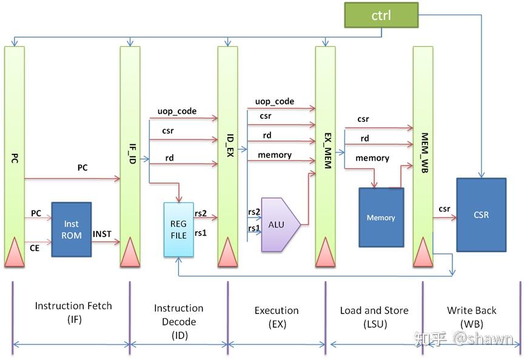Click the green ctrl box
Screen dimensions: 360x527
(x=381, y=15)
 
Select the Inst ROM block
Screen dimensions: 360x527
(x=72, y=230)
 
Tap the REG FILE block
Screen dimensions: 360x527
(x=178, y=228)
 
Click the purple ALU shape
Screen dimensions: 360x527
(x=278, y=224)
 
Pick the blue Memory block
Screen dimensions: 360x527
(x=381, y=218)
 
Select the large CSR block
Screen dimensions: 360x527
(x=481, y=215)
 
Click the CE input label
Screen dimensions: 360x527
(x=36, y=247)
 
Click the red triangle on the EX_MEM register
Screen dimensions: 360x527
(x=325, y=252)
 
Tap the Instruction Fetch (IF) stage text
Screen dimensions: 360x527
(x=73, y=312)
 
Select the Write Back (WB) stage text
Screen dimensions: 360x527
(x=471, y=316)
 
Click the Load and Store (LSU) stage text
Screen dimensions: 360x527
(x=374, y=316)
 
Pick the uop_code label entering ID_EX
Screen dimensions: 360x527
(x=176, y=112)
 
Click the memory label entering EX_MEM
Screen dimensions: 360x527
(x=275, y=155)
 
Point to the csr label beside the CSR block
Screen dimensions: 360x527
(x=445, y=209)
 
